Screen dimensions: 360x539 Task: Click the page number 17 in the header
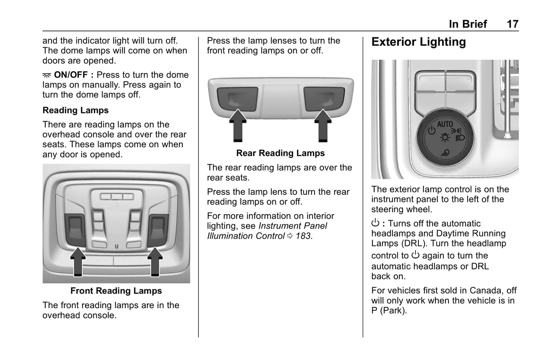[x=512, y=24]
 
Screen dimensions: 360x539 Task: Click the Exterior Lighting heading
[x=419, y=42]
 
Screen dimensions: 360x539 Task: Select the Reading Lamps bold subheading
[x=75, y=110]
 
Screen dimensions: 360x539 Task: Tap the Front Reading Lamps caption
[x=116, y=291]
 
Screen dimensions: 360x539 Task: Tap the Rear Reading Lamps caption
[x=281, y=153]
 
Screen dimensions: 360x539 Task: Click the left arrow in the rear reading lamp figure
[x=238, y=126]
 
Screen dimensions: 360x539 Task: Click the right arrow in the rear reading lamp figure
[x=323, y=126]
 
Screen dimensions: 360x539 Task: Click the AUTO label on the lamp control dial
[x=445, y=124]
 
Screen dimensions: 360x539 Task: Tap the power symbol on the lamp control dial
[x=432, y=130]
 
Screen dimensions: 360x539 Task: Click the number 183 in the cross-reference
[x=303, y=236]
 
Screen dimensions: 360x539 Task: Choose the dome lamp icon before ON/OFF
[x=47, y=75]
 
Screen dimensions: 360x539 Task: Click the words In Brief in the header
[x=468, y=24]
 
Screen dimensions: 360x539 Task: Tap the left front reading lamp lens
[x=76, y=229]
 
